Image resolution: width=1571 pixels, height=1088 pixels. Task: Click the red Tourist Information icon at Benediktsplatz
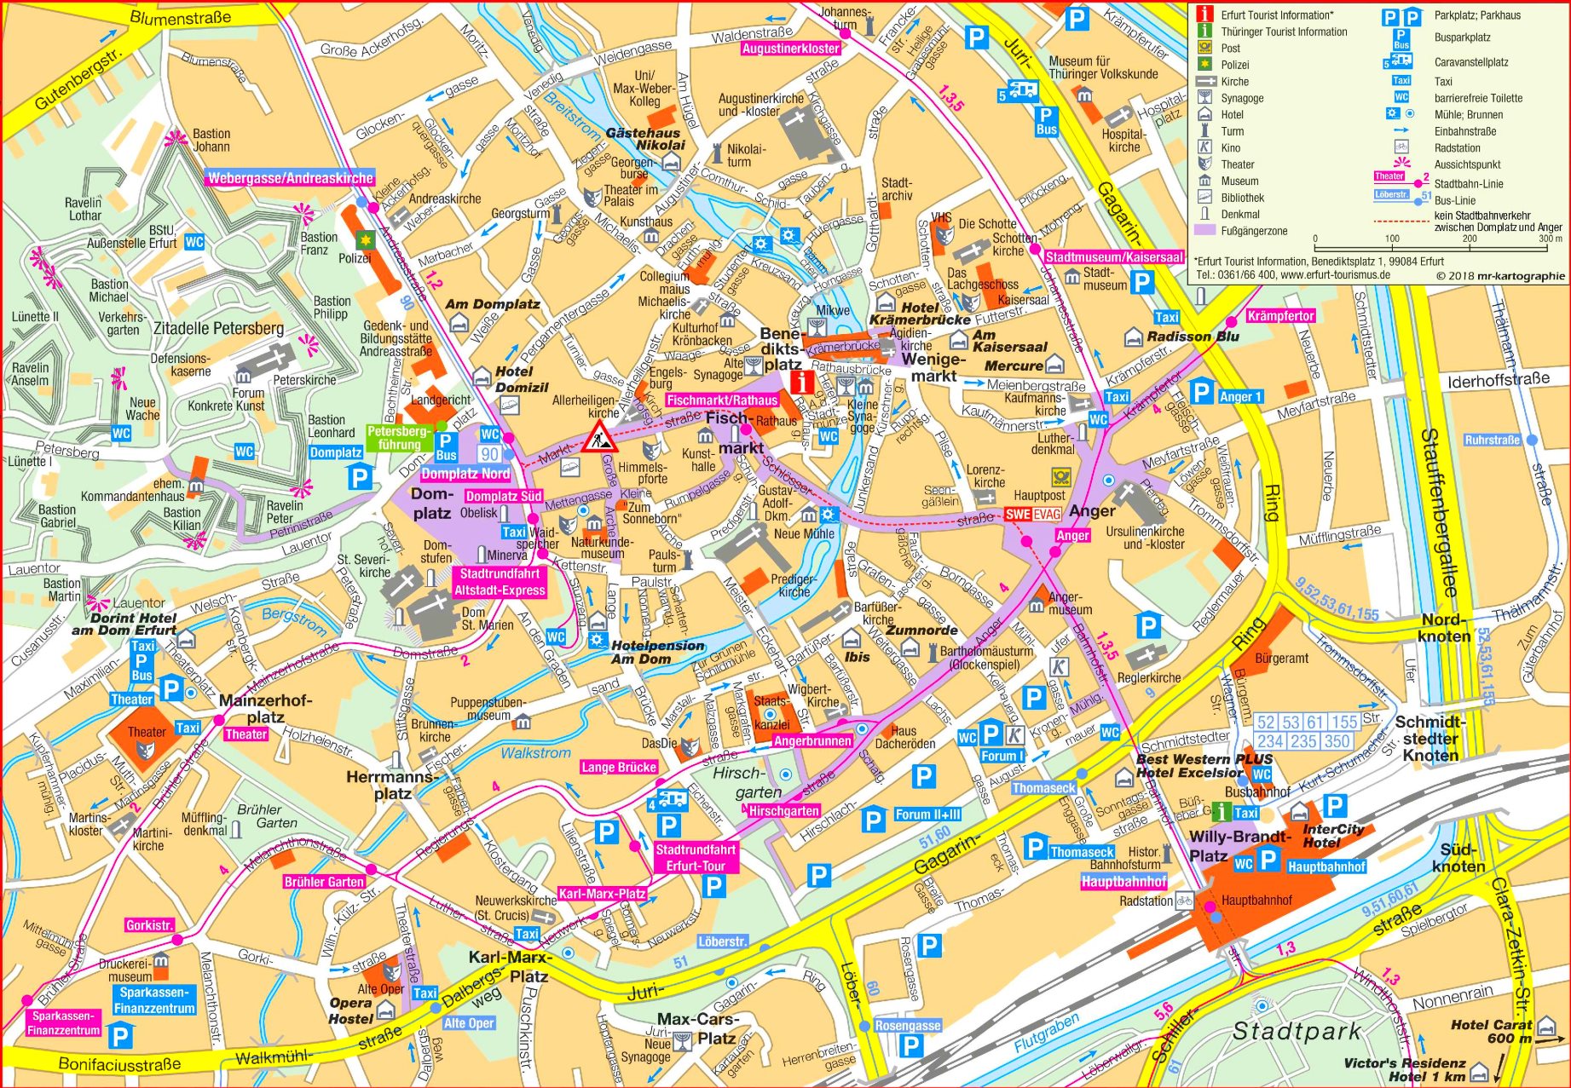800,382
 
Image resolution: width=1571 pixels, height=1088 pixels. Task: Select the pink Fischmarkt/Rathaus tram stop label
722,400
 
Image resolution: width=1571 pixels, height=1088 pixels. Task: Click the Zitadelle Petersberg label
218,328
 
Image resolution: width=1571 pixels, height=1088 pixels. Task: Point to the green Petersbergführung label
399,437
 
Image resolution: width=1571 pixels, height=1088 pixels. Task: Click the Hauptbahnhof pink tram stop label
1123,882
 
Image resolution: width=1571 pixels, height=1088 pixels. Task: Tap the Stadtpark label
1297,1031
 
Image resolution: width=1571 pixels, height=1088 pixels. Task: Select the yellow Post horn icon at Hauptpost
1060,477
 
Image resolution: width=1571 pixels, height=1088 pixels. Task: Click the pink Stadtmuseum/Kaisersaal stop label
1113,256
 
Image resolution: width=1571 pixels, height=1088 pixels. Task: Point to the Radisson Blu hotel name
1192,337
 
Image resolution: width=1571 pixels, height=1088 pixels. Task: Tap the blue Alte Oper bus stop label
468,1022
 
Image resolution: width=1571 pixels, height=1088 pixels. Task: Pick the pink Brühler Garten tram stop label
324,882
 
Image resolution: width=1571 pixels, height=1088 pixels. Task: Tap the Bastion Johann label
211,140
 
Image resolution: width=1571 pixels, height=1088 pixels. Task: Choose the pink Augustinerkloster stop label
790,49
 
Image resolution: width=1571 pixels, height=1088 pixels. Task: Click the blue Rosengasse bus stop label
907,1025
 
